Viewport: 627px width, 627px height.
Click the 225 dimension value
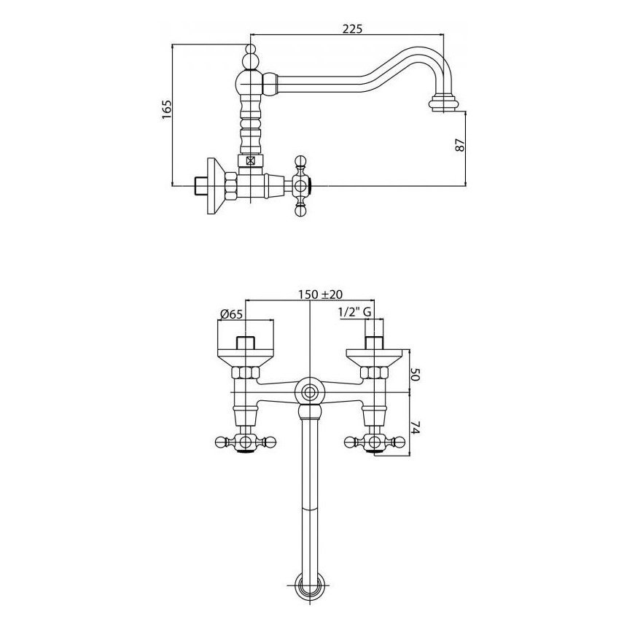point(352,28)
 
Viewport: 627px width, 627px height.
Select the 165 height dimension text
point(166,109)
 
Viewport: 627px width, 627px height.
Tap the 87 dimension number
point(460,145)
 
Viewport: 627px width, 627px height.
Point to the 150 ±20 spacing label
point(320,295)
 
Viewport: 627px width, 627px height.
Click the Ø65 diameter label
point(230,314)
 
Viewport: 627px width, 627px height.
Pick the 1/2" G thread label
point(354,313)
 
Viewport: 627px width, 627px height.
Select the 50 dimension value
point(416,375)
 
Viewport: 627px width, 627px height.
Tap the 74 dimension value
point(416,431)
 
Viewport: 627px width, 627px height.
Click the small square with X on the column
point(250,161)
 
